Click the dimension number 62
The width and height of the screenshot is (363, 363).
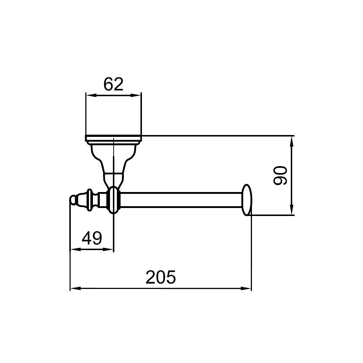pyautogui.click(x=113, y=84)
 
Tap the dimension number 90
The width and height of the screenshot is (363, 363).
pyautogui.click(x=280, y=175)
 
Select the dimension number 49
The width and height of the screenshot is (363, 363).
pyautogui.click(x=92, y=238)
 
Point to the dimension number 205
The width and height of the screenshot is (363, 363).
pyautogui.click(x=161, y=277)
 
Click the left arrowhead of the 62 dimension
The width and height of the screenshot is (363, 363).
pyautogui.click(x=91, y=95)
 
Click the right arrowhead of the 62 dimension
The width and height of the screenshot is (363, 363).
pyautogui.click(x=136, y=95)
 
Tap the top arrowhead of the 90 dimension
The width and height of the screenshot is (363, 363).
pyautogui.click(x=292, y=141)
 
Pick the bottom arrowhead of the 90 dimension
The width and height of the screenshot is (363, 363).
pyautogui.click(x=292, y=210)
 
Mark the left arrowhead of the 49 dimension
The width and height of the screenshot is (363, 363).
pyautogui.click(x=75, y=249)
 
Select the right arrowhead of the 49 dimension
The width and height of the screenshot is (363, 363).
pyautogui.click(x=108, y=249)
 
